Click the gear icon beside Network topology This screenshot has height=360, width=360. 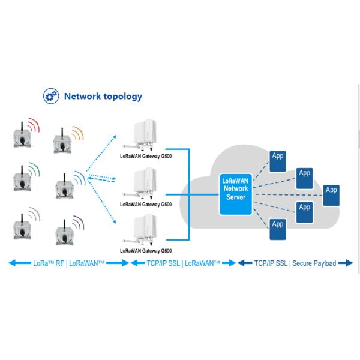[50, 96]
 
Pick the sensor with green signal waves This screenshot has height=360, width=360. [21, 182]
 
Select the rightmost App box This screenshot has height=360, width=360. [329, 194]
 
